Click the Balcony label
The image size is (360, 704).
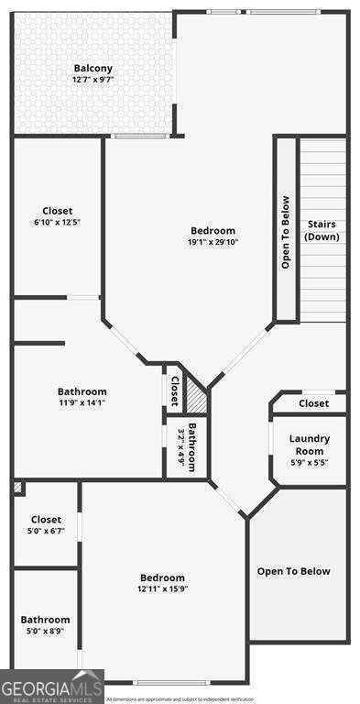pyautogui.click(x=93, y=69)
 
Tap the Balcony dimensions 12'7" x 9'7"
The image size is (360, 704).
pyautogui.click(x=93, y=80)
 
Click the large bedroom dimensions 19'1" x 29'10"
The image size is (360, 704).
pyautogui.click(x=213, y=242)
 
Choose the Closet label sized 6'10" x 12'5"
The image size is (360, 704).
pyautogui.click(x=57, y=211)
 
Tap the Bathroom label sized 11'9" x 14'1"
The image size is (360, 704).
pyautogui.click(x=82, y=391)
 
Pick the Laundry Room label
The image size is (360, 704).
pyautogui.click(x=310, y=445)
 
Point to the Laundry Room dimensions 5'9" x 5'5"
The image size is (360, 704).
pyautogui.click(x=310, y=463)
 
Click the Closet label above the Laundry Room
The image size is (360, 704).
pyautogui.click(x=313, y=403)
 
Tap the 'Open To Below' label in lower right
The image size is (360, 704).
pyautogui.click(x=293, y=572)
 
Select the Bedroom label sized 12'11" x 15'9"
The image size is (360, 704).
pyautogui.click(x=163, y=577)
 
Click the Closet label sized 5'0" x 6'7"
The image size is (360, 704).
pyautogui.click(x=46, y=520)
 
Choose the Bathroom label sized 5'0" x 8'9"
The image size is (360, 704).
pyautogui.click(x=46, y=620)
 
